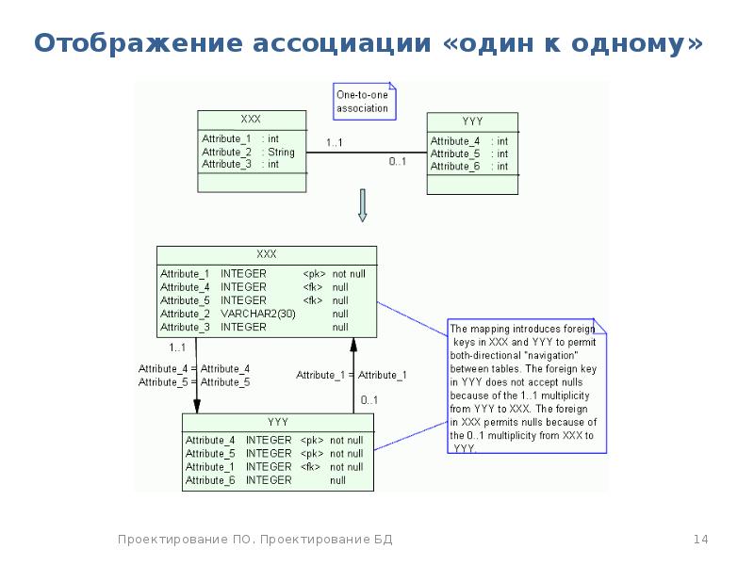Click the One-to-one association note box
pos(365,102)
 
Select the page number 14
pos(700,539)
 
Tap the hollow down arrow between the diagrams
pos(363,205)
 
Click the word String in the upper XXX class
pos(281,153)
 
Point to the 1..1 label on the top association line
pos(335,143)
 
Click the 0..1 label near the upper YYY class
pos(397,161)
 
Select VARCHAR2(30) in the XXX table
pos(257,314)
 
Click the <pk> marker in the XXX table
pos(314,274)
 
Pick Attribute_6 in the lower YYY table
pos(210,480)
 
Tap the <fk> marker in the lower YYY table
pos(310,467)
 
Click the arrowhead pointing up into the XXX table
pos(353,344)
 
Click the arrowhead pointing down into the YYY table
pos(197,407)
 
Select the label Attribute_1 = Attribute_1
pos(351,375)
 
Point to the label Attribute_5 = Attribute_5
pos(194,382)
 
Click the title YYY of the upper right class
pos(472,121)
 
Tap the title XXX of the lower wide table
pos(267,254)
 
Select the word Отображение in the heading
pos(139,43)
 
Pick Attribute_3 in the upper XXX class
pos(226,164)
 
